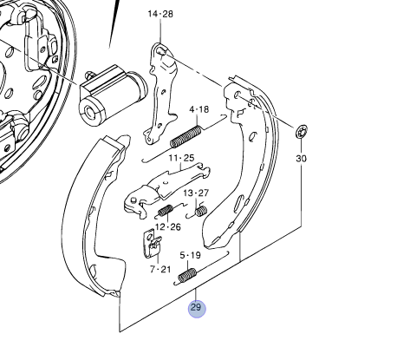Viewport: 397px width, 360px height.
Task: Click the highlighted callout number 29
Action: [x=196, y=307]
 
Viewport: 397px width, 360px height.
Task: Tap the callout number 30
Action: [x=301, y=159]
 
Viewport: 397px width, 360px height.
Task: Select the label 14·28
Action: [x=160, y=15]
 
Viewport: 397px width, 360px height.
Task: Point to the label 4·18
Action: [x=199, y=109]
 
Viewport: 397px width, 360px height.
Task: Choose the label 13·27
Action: [x=195, y=193]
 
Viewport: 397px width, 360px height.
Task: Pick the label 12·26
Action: [x=168, y=226]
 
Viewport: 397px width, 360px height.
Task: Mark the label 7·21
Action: [x=159, y=270]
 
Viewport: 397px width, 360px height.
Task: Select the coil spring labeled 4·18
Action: [x=186, y=135]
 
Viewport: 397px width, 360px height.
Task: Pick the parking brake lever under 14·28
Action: [x=160, y=91]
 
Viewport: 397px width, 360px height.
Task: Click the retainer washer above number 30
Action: [x=301, y=132]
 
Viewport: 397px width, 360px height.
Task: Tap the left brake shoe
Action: [x=87, y=217]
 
